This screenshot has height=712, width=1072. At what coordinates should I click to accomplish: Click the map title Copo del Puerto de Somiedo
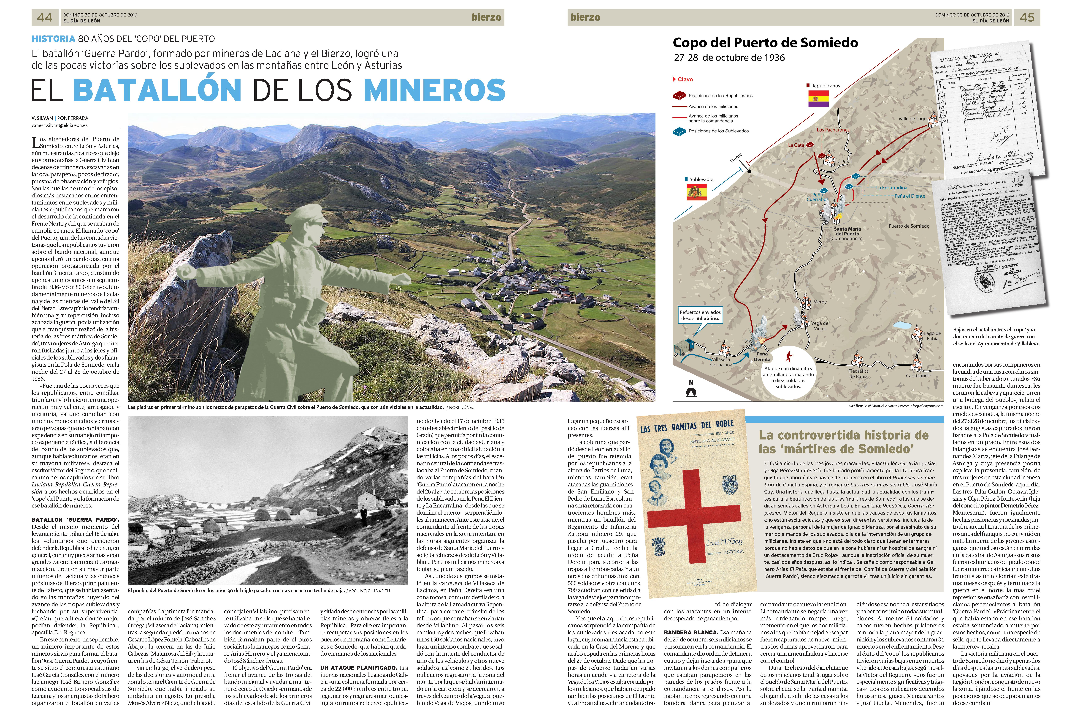[x=765, y=43]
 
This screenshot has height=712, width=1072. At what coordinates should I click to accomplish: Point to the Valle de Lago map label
[x=912, y=119]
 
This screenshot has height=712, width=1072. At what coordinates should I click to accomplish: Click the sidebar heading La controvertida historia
[x=843, y=442]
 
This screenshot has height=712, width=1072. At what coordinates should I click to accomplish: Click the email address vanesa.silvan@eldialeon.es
[x=60, y=125]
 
